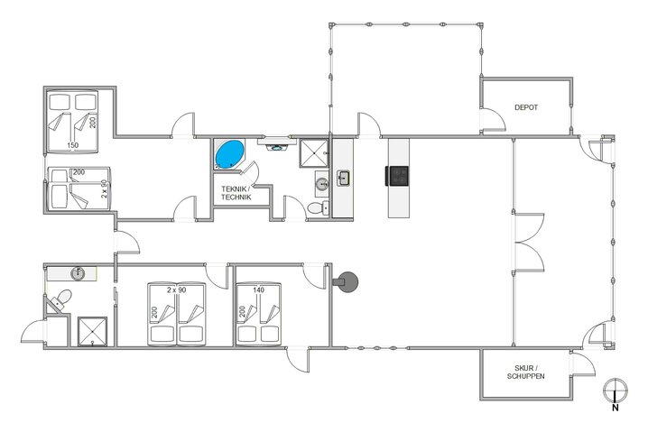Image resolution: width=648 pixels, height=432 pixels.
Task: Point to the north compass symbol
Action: [x=614, y=391]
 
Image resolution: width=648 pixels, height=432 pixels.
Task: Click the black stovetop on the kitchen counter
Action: [x=399, y=174]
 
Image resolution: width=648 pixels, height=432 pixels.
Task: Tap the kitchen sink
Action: [x=344, y=178]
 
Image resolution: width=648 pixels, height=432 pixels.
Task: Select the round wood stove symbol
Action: [x=347, y=281]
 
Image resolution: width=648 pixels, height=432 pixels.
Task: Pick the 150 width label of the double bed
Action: [x=72, y=145]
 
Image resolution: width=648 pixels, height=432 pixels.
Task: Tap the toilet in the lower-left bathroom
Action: [x=60, y=299]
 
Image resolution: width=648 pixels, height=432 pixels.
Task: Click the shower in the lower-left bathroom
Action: [x=92, y=330]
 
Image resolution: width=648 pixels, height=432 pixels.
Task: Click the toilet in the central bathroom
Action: [x=315, y=208]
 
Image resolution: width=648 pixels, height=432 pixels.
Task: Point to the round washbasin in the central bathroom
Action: [x=321, y=186]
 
